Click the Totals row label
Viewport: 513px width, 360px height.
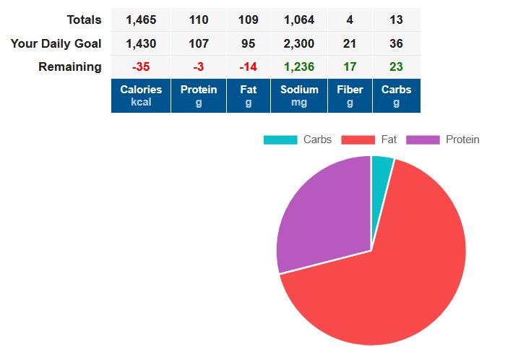(x=84, y=20)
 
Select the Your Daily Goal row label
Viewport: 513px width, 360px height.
(x=56, y=43)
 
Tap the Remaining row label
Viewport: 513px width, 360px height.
(x=70, y=67)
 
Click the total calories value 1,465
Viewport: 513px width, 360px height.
(x=141, y=20)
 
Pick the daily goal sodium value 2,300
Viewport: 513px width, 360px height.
(x=299, y=43)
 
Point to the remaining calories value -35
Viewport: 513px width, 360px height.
(x=141, y=67)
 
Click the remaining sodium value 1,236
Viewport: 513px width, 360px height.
(x=299, y=67)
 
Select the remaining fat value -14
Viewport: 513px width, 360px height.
(x=248, y=67)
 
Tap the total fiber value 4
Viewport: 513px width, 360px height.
(x=350, y=20)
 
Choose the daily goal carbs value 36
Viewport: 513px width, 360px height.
(x=396, y=43)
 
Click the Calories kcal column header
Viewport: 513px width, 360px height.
(x=141, y=95)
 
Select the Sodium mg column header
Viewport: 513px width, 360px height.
(x=299, y=95)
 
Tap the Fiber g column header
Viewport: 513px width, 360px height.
(x=350, y=95)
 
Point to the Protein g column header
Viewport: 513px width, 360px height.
(x=199, y=95)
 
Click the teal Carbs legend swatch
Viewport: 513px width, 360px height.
(x=280, y=140)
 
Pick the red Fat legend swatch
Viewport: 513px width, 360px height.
(x=358, y=140)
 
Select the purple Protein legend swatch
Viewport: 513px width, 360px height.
(x=423, y=140)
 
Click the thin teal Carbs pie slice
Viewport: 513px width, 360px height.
(x=381, y=171)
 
